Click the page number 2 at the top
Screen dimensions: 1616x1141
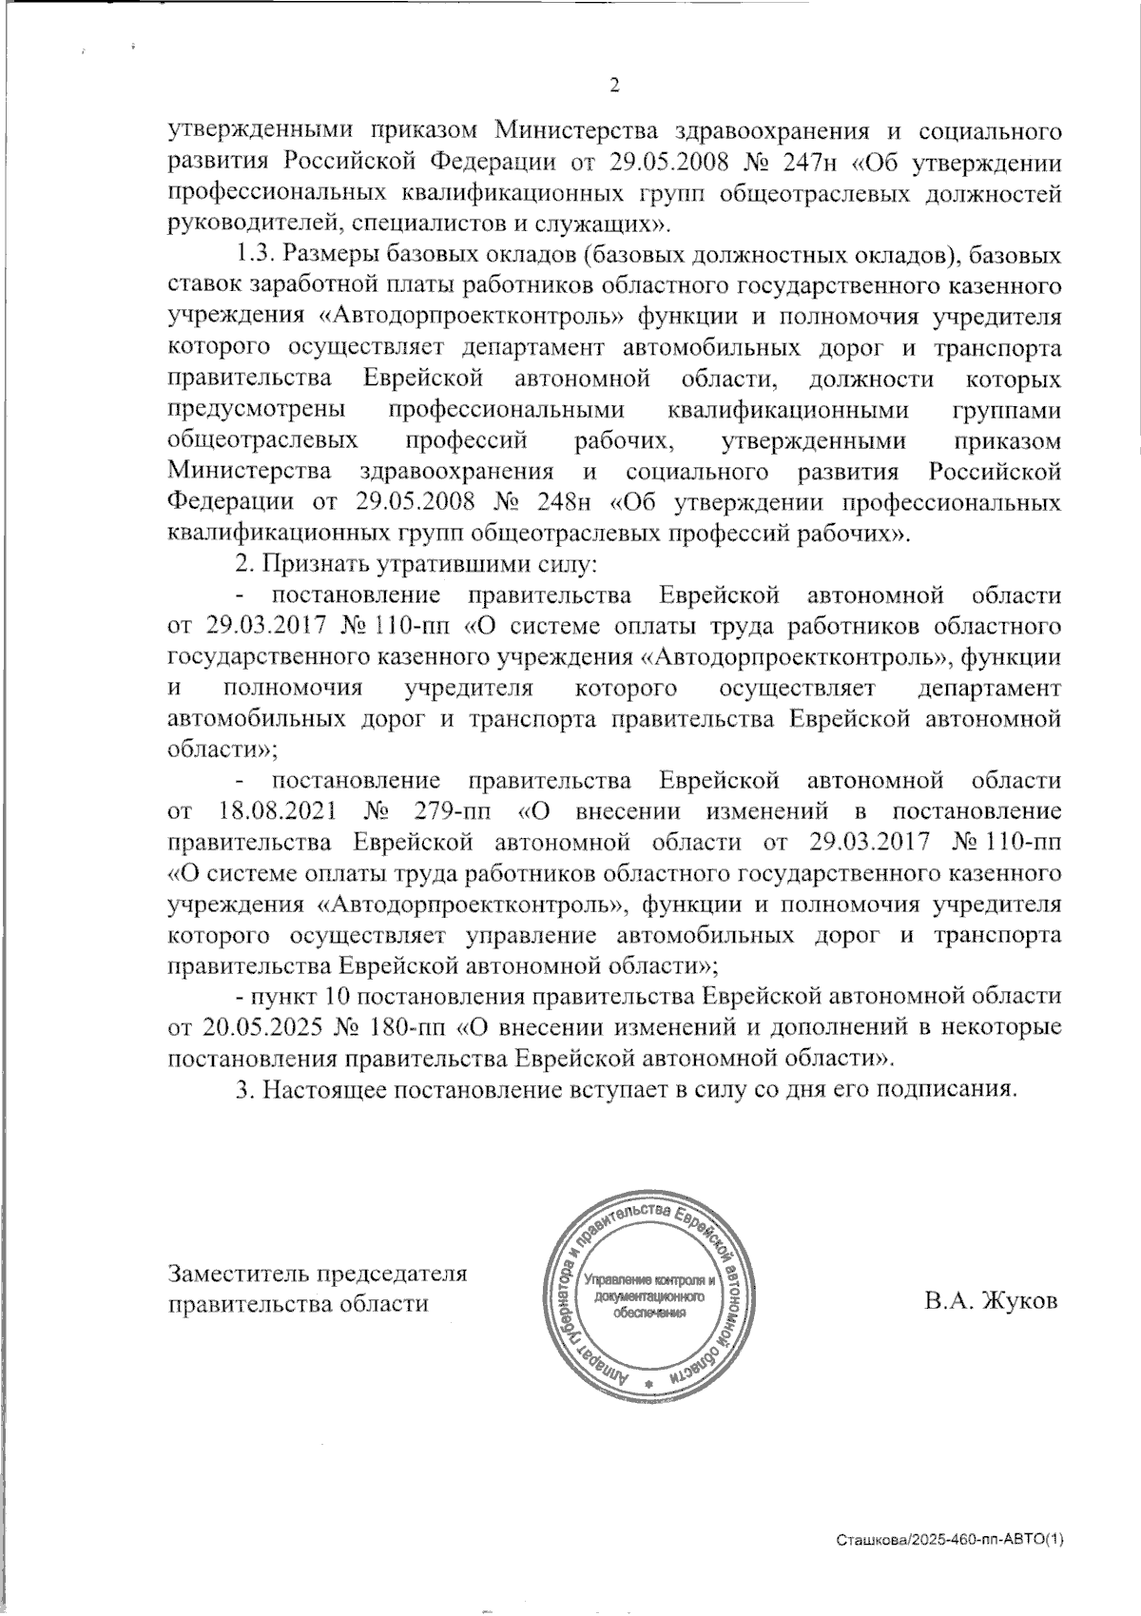pos(613,86)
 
